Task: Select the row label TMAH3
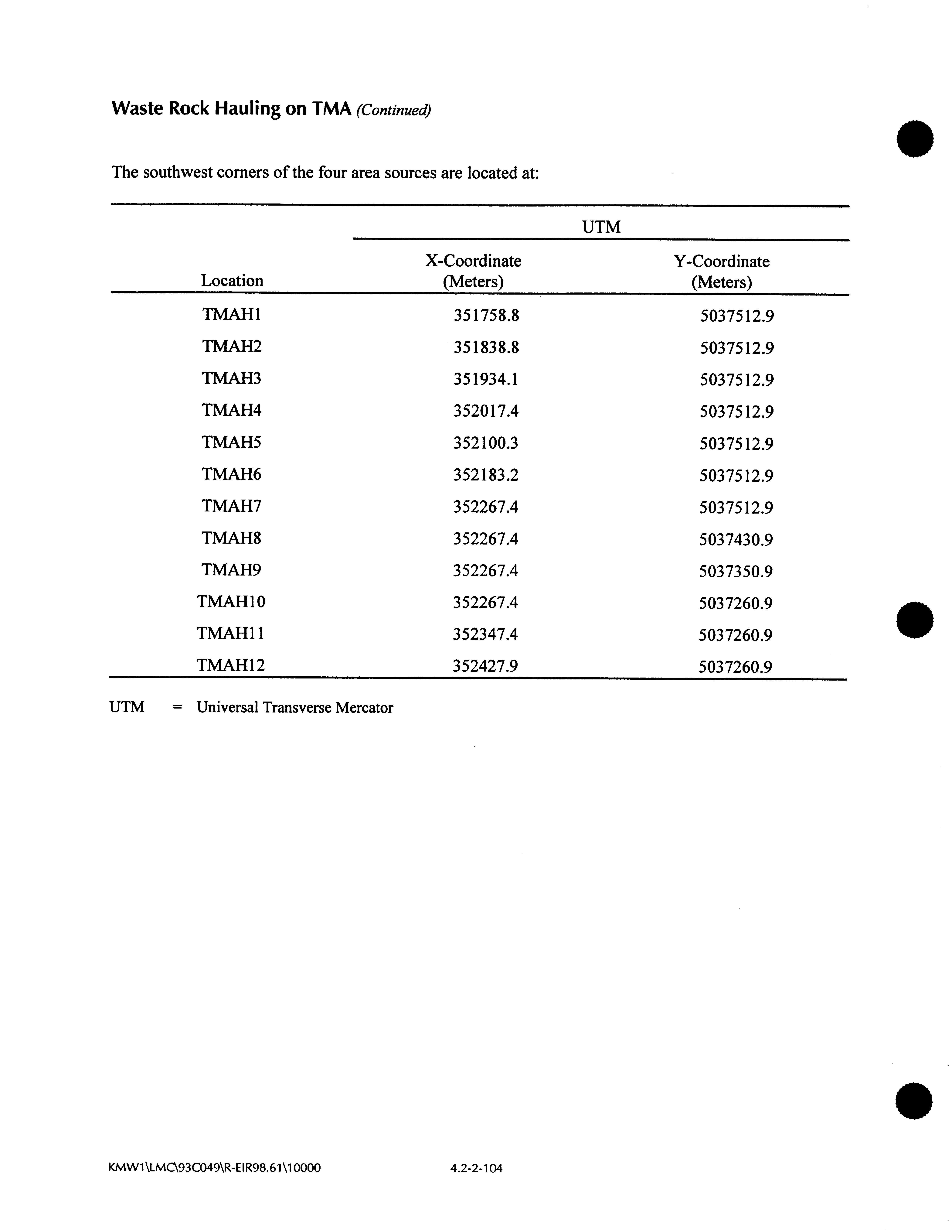click(231, 378)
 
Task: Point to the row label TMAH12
click(231, 666)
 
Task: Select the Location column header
click(232, 280)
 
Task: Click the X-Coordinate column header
click(473, 271)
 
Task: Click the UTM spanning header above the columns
click(601, 227)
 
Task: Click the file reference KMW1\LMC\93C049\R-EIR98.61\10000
click(214, 1167)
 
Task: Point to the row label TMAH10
click(231, 602)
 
